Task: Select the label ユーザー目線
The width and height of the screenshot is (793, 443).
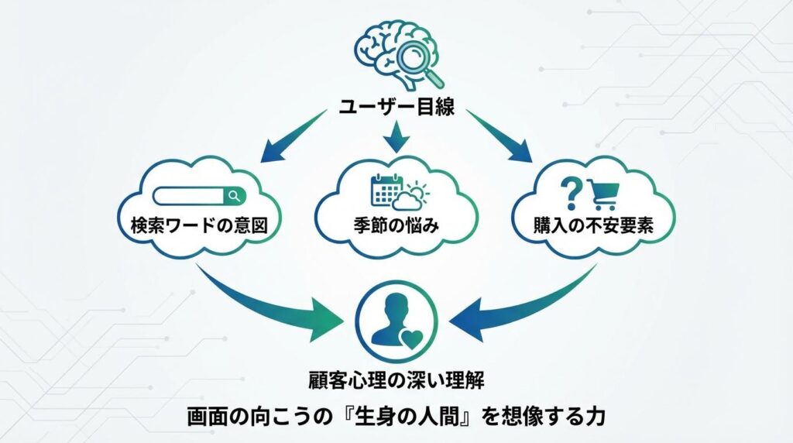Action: [x=396, y=108]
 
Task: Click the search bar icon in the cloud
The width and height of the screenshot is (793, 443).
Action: [x=199, y=196]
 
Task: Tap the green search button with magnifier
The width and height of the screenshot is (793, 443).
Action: [x=235, y=196]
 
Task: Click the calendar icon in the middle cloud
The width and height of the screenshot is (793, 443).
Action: [x=385, y=191]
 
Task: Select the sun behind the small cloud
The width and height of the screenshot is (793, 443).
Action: [x=418, y=190]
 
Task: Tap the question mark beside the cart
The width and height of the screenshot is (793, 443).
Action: [x=571, y=191]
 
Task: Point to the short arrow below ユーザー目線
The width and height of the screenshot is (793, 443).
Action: [x=396, y=138]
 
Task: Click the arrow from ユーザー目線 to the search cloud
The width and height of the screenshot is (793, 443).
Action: [x=294, y=138]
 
